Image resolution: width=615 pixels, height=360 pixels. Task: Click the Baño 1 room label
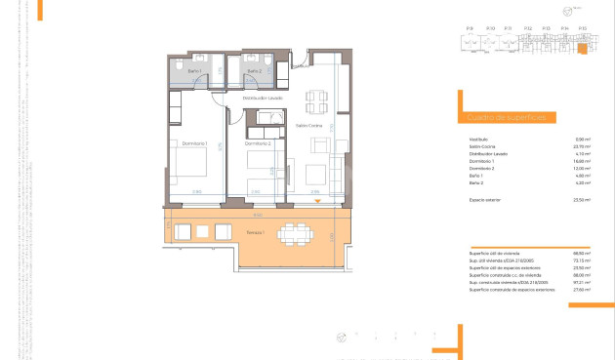tap(195, 71)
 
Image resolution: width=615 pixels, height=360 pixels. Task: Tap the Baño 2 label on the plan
tap(253, 71)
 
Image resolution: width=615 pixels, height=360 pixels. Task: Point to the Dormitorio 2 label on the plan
tap(258, 144)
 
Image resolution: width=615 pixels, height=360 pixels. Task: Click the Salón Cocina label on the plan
tap(309, 126)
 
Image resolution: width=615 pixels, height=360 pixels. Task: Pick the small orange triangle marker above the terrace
tap(318, 202)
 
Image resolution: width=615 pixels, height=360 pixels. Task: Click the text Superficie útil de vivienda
tap(496, 253)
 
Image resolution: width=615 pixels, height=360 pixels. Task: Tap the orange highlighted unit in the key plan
tap(582, 47)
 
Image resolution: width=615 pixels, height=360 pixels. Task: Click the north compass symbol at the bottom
tap(342, 338)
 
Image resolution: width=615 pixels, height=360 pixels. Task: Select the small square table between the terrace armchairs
tap(202, 232)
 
